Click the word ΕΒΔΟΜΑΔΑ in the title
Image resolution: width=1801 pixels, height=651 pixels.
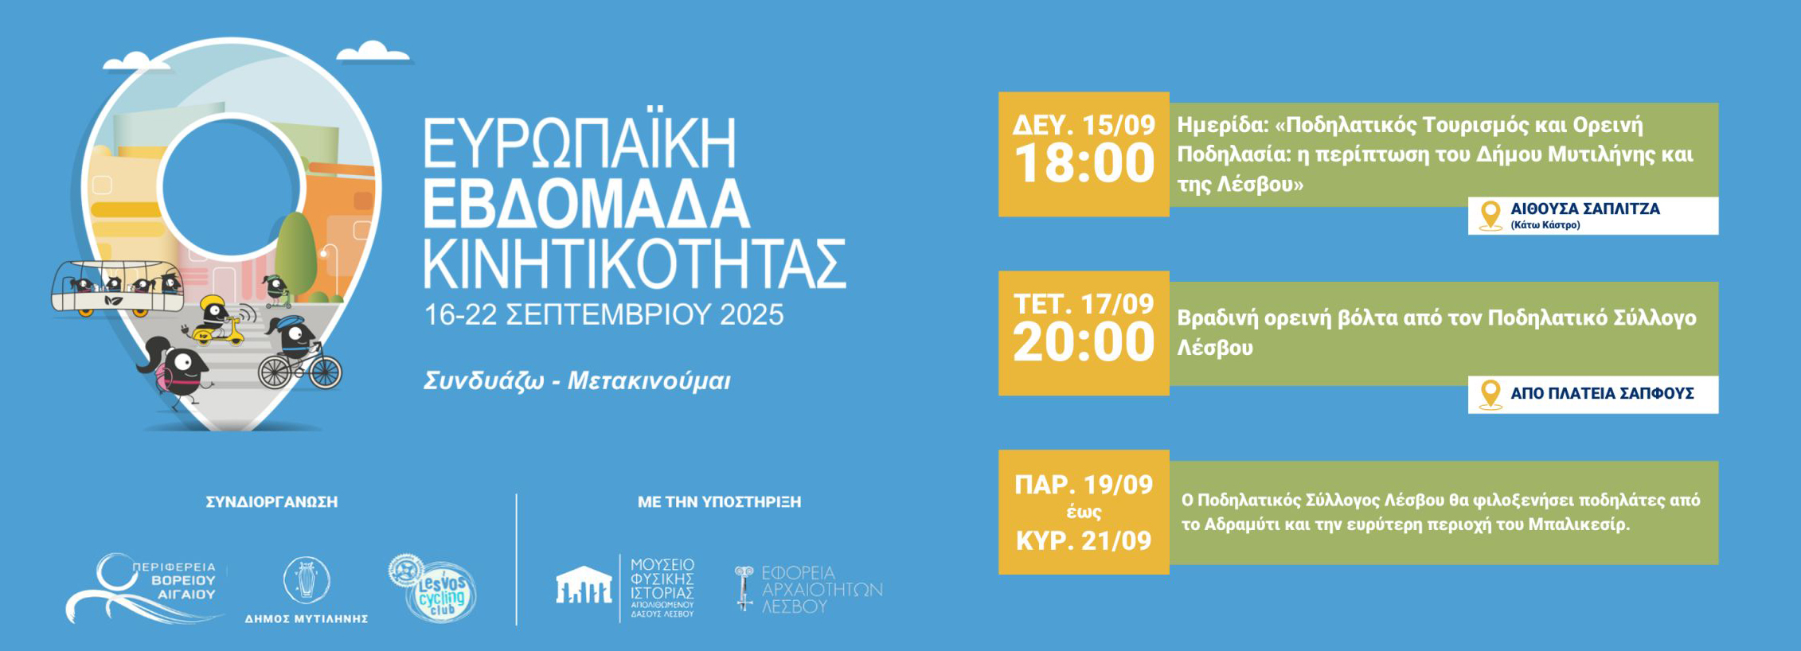[585, 205]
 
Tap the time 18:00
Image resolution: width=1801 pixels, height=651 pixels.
[1084, 164]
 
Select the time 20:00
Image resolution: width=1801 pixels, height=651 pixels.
[1084, 342]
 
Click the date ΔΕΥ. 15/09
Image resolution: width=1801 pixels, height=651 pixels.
[1084, 125]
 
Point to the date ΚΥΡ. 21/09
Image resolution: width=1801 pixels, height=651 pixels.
[1084, 541]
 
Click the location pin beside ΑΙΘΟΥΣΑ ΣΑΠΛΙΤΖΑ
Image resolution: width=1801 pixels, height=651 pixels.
[1490, 215]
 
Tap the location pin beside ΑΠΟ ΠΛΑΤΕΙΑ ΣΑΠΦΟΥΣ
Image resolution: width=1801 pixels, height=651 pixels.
[1490, 394]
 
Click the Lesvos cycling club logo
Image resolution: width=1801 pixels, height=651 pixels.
[433, 589]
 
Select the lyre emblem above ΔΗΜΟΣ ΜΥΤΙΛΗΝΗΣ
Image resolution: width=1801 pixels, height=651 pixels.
[307, 579]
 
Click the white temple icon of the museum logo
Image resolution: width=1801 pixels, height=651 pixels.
[584, 586]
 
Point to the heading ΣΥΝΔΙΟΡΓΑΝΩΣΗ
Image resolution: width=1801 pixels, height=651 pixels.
[272, 502]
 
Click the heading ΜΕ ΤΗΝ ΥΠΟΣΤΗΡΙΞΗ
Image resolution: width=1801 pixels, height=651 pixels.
[719, 502]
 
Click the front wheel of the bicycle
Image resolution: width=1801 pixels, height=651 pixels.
[325, 371]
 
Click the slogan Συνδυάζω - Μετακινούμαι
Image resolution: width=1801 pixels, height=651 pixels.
[576, 381]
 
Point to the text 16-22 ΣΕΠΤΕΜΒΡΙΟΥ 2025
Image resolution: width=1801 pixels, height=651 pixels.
[604, 315]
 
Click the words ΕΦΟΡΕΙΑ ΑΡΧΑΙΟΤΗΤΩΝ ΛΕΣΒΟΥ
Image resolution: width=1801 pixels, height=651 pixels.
[821, 590]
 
